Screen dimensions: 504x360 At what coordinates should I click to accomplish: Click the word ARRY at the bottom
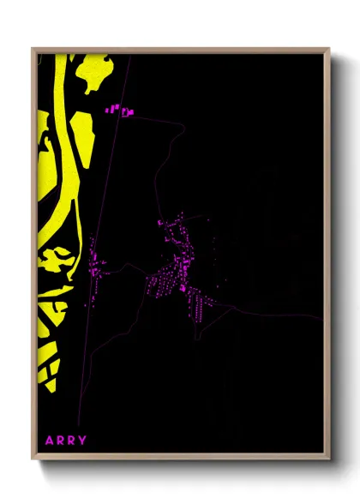66,441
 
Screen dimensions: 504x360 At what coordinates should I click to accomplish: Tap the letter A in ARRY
51,441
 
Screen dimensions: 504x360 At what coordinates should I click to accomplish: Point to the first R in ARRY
61,441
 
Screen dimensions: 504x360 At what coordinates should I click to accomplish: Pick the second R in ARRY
72,441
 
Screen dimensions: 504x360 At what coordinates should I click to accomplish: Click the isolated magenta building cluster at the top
121,111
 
